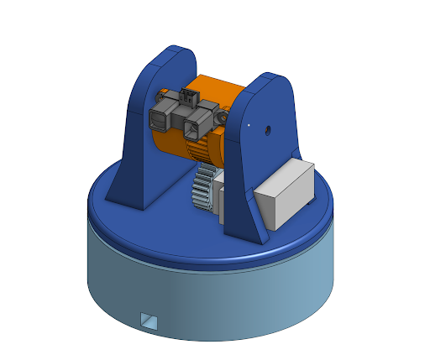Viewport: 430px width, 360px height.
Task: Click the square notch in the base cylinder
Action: [149, 320]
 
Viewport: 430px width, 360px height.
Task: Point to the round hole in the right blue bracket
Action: [267, 130]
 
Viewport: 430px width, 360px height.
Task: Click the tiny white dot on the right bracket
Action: [249, 126]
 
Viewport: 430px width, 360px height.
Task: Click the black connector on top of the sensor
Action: [189, 96]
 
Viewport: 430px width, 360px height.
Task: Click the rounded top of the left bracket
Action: [172, 55]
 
